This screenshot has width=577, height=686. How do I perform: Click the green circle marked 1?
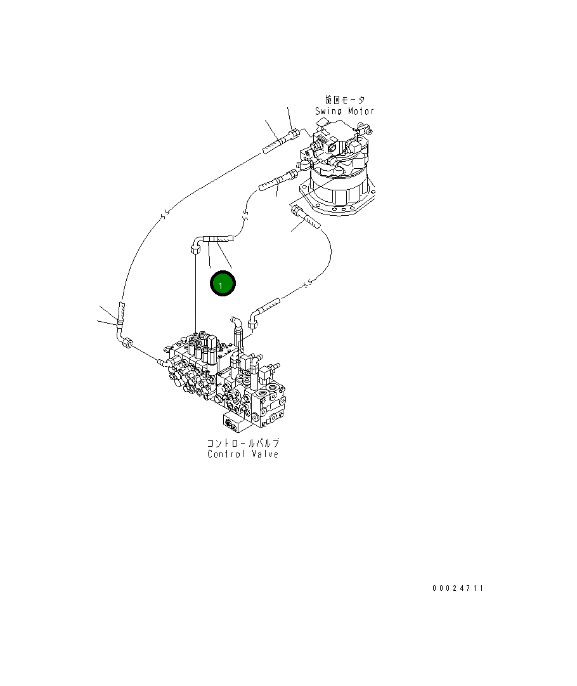(223, 284)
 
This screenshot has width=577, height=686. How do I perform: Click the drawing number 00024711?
(458, 588)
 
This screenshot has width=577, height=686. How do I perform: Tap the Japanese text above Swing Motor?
(345, 100)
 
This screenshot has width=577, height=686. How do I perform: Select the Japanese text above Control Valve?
(243, 443)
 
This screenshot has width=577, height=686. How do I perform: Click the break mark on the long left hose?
(164, 216)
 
